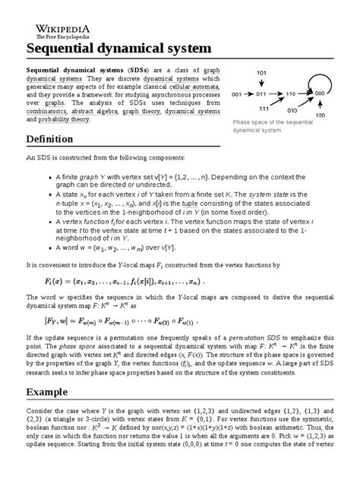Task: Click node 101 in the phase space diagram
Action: [x=263, y=73]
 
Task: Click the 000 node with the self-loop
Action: [x=319, y=92]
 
